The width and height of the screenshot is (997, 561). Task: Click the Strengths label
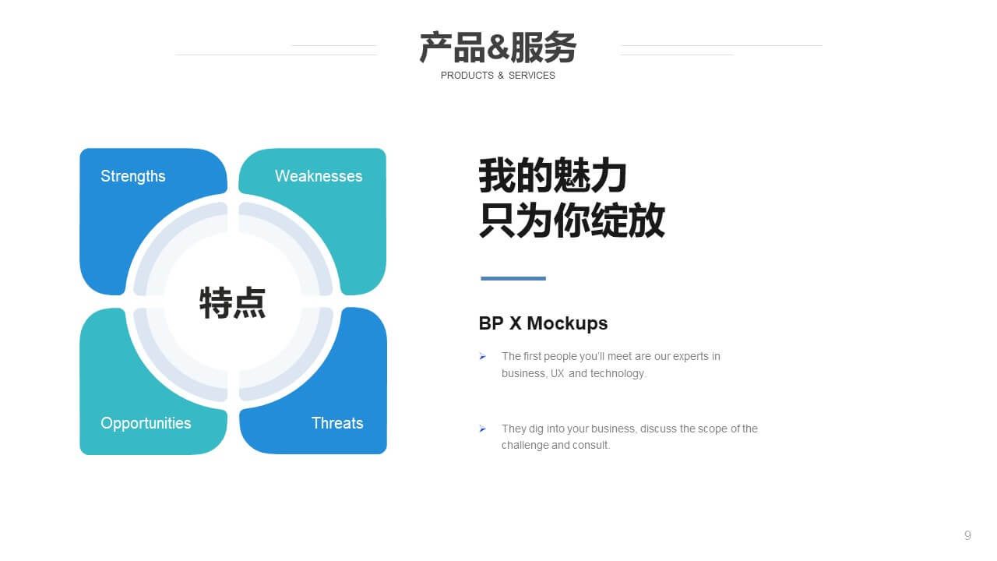132,176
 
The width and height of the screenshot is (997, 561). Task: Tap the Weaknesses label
319,176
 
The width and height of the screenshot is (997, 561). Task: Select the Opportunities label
146,423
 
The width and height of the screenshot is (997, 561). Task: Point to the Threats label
337,423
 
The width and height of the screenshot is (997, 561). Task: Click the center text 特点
232,303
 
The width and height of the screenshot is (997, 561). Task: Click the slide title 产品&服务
498,47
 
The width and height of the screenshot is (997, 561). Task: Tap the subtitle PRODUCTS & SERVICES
498,76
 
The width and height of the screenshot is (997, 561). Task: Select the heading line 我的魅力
552,175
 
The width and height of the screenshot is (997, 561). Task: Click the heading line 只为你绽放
572,220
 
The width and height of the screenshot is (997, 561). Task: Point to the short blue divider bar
513,278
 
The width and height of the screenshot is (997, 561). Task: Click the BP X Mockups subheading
543,323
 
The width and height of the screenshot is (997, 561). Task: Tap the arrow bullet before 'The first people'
482,356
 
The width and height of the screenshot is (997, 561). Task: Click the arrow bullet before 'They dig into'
482,429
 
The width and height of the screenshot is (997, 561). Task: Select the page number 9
967,535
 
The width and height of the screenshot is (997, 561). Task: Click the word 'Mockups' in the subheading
567,323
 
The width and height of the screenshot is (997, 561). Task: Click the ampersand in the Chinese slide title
498,47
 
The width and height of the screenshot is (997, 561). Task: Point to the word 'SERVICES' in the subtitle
532,76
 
